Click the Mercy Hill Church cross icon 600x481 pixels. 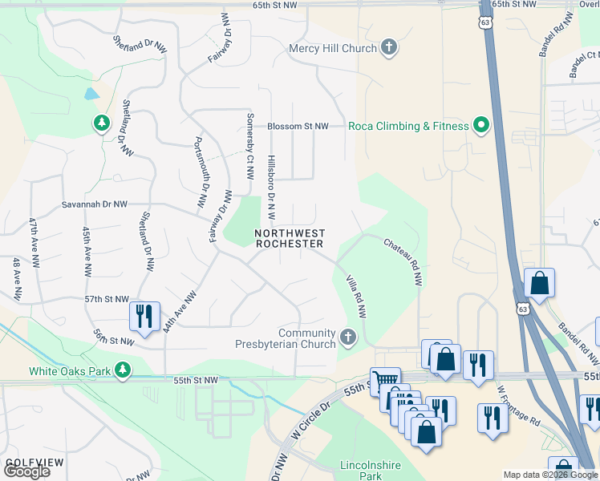389,47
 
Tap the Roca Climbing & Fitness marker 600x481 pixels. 481,126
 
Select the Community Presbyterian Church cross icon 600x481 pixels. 347,338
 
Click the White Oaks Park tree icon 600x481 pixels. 123,370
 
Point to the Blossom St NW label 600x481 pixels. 298,127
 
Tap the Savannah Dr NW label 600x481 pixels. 94,204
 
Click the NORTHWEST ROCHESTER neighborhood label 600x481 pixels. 289,238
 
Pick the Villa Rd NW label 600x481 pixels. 355,296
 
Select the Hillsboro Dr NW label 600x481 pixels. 271,188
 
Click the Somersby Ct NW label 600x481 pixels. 250,149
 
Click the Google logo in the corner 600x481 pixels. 26,471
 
